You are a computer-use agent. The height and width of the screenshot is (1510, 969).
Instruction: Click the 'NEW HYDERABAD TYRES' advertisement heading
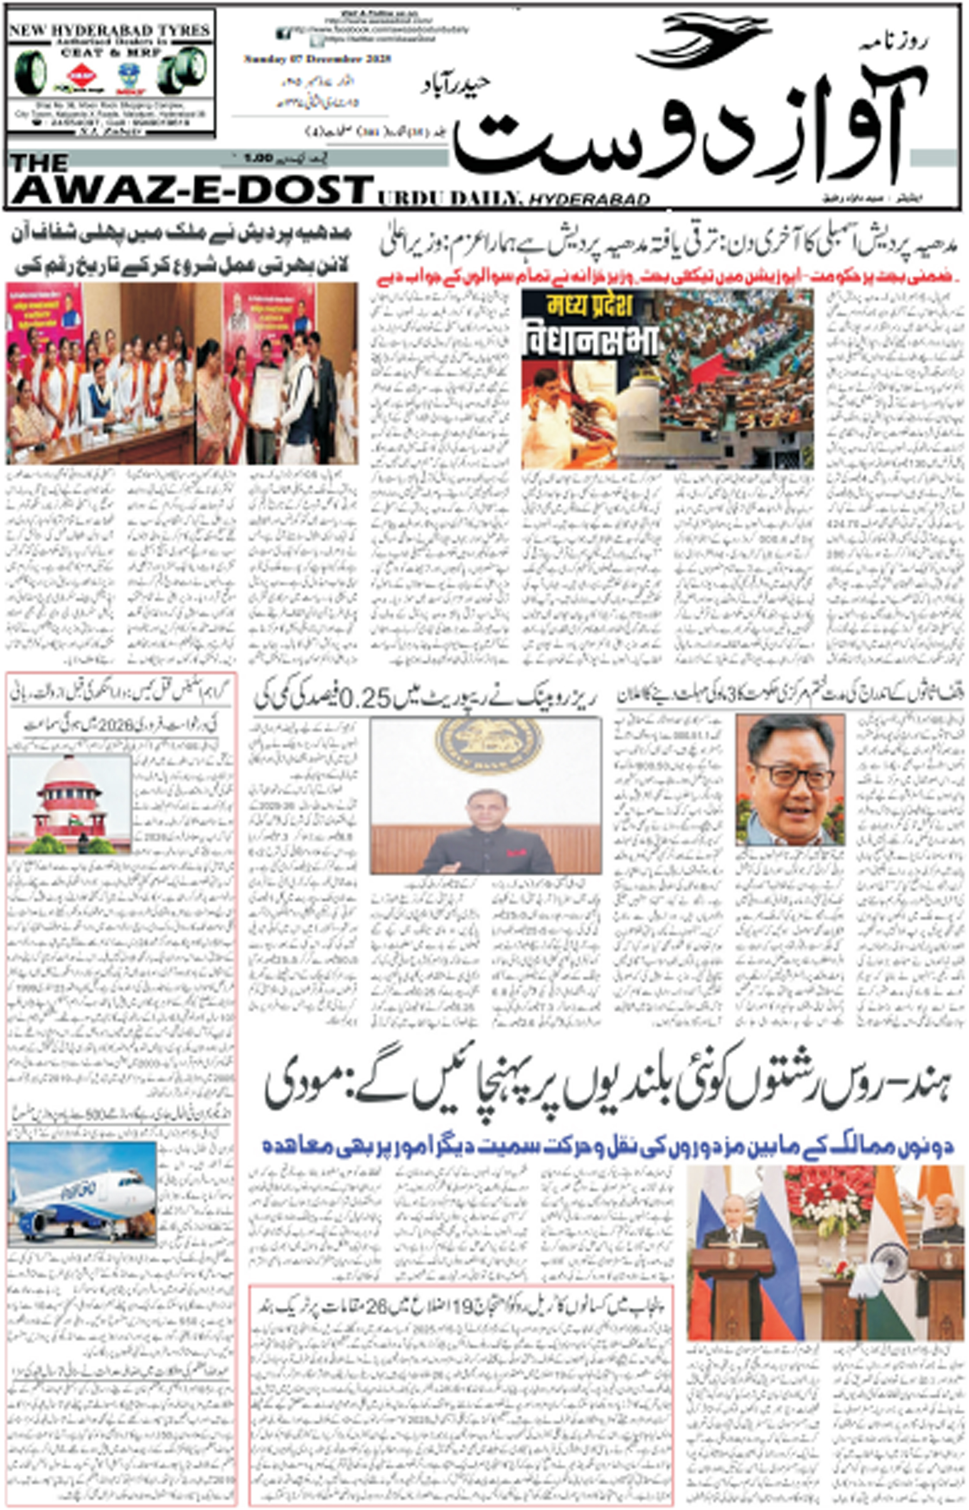tap(110, 30)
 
